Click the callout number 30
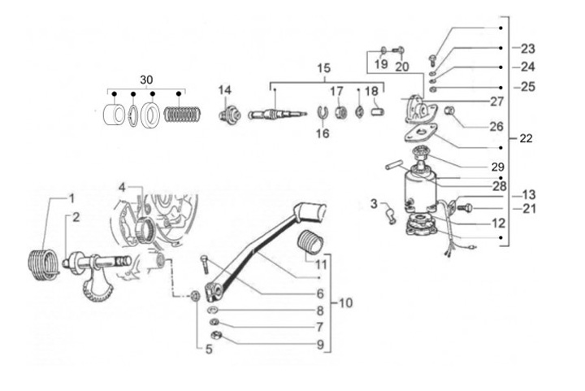pyautogui.click(x=146, y=80)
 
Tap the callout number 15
pyautogui.click(x=324, y=68)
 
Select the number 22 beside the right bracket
pyautogui.click(x=526, y=138)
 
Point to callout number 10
pyautogui.click(x=345, y=302)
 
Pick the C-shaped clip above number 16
pyautogui.click(x=323, y=112)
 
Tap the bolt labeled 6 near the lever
pyautogui.click(x=205, y=264)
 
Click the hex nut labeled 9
pyautogui.click(x=215, y=335)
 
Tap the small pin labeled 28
pyautogui.click(x=394, y=164)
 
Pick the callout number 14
pyautogui.click(x=224, y=90)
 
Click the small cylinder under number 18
pyautogui.click(x=378, y=111)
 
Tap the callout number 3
pyautogui.click(x=374, y=204)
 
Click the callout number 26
pyautogui.click(x=496, y=127)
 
